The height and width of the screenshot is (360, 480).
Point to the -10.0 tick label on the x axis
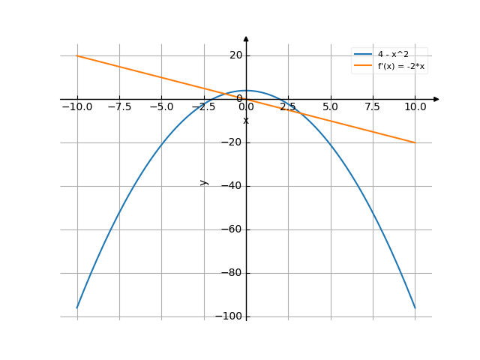point(76,106)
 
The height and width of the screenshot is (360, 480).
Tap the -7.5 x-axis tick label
point(119,106)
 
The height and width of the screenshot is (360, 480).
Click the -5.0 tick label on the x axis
point(161,106)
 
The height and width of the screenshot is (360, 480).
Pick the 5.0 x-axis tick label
point(330,106)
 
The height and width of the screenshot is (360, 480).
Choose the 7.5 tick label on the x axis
point(373,106)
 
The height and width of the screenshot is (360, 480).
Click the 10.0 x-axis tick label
point(415,106)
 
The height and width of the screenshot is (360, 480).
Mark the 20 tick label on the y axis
point(236,55)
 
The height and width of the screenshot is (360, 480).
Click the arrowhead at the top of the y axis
point(246,38)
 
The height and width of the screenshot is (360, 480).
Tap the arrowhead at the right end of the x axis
point(436,99)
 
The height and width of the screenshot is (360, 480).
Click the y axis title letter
point(203,182)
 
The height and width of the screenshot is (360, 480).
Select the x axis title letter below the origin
point(246,120)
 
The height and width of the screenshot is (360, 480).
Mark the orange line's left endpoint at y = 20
point(77,55)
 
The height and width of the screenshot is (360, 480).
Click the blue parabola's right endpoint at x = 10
point(415,307)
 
